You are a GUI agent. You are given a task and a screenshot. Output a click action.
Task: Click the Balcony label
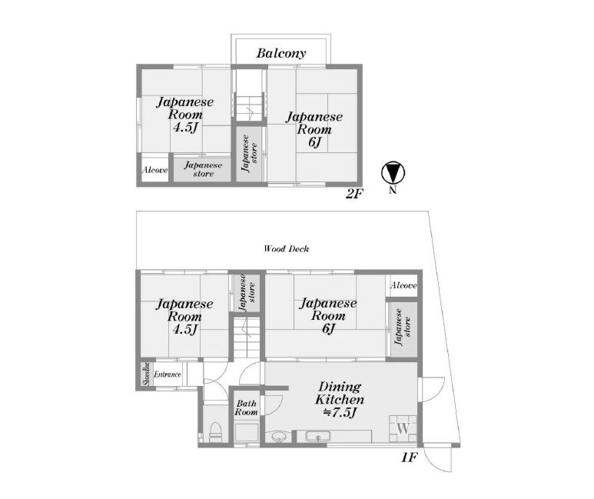pos(280,53)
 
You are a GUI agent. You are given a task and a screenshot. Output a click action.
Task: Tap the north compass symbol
pos(393,173)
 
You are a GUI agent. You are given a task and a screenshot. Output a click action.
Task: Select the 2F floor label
pos(354,194)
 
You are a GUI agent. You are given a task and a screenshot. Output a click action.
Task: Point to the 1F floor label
pos(410,457)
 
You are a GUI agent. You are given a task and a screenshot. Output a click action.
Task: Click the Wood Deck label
pos(287,249)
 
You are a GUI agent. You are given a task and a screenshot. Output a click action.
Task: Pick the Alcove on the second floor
pos(155,170)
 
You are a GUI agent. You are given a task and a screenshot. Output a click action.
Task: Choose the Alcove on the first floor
pos(403,285)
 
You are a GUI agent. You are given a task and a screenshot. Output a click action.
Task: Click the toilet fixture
pos(216,432)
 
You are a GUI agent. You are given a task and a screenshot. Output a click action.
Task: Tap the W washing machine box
pos(403,428)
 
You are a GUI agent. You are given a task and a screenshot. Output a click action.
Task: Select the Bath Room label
pos(246,408)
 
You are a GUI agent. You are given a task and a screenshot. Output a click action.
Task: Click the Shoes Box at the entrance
pos(146,374)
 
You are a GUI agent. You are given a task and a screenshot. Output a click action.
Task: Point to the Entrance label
pos(168,374)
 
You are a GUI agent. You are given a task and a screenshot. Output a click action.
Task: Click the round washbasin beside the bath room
pos(280,436)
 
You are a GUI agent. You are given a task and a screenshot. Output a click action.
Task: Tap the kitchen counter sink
pos(318,437)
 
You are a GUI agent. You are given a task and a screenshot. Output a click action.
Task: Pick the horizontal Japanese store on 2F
pos(202,169)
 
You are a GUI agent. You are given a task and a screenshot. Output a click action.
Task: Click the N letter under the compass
pos(393,191)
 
